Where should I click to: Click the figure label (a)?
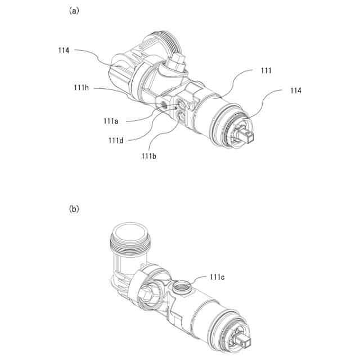click(74, 11)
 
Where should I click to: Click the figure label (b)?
click(74, 209)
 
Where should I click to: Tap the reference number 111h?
click(83, 87)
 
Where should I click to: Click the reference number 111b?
click(149, 155)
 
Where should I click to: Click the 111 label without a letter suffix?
click(267, 70)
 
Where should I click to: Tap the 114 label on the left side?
click(64, 50)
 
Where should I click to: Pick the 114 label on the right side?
click(295, 91)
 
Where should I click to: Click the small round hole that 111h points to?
click(163, 105)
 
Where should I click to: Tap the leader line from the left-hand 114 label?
click(98, 55)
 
